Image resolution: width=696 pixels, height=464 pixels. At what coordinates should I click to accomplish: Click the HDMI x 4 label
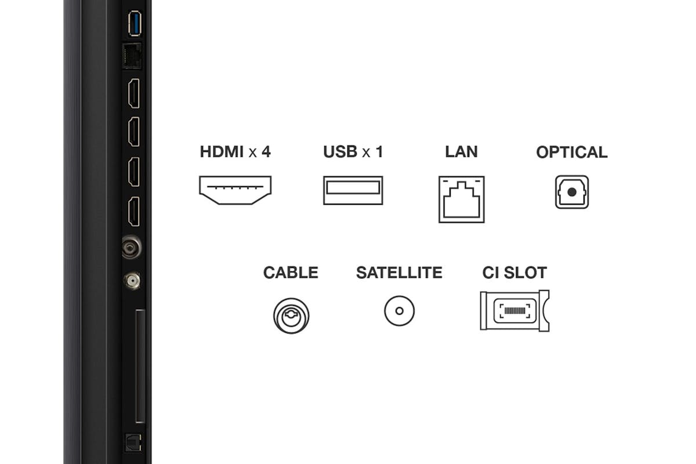point(235,151)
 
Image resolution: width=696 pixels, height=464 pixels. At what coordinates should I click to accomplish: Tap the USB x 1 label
point(353,151)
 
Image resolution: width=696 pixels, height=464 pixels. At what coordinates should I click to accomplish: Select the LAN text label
point(462,151)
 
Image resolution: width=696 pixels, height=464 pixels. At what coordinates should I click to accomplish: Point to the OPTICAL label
point(572,152)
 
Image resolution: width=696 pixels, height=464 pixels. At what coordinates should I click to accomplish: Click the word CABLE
point(291,273)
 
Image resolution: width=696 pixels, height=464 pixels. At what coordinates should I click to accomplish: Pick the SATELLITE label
point(399,273)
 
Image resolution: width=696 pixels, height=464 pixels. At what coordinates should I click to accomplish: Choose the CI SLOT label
point(514,273)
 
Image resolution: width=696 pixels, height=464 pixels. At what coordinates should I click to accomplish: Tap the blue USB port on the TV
point(135,23)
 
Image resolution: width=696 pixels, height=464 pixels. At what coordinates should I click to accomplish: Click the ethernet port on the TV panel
point(132,56)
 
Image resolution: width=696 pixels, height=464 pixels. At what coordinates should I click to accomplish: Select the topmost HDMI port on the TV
point(134,93)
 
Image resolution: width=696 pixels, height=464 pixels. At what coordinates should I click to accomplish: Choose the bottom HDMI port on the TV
point(134,211)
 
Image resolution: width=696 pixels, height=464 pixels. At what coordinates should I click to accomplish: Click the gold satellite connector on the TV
point(133,281)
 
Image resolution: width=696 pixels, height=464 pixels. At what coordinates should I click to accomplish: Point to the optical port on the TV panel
point(133,443)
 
